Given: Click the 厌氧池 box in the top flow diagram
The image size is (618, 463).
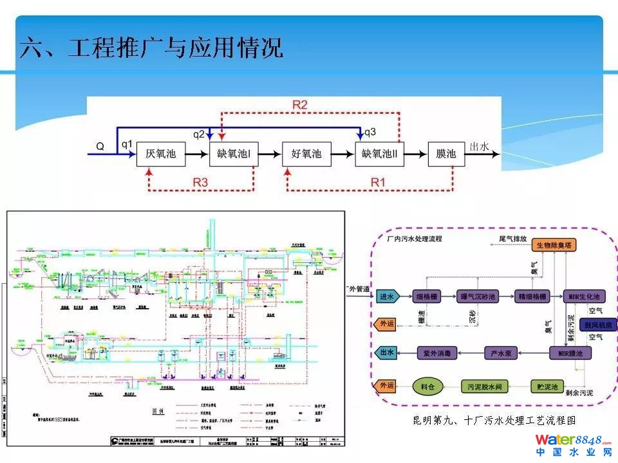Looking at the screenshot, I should tap(161, 154).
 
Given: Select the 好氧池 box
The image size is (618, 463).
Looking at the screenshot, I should tap(306, 154).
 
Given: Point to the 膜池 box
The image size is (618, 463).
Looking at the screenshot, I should tap(446, 154).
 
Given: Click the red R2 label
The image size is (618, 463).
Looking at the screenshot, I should tap(300, 104).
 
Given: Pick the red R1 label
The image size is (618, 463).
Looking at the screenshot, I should tap(378, 183).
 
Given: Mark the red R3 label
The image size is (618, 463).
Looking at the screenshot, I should tap(200, 183).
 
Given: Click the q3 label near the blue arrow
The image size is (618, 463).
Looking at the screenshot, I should tap(370, 133).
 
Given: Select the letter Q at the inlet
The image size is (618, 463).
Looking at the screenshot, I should tap(100, 146).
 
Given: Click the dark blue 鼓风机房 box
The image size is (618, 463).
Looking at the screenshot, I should tap(597, 325).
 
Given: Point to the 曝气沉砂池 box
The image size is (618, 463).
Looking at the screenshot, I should tap(478, 296).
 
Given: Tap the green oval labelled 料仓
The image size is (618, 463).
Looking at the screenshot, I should tap(428, 386).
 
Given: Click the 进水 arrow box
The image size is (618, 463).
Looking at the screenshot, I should tap(388, 296).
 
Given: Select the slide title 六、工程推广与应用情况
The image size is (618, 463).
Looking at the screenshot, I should tap(151, 48).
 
